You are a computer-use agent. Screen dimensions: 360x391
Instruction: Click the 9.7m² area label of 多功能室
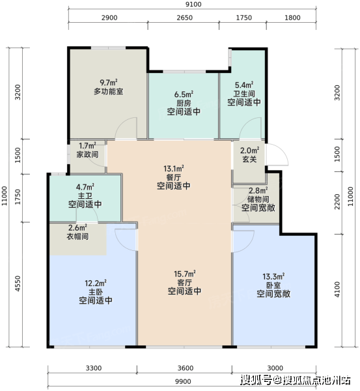click(109, 82)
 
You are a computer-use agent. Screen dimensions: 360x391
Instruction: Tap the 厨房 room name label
click(184, 103)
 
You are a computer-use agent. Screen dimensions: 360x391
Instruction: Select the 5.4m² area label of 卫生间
click(244, 85)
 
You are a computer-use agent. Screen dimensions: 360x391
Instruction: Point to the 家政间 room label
click(87, 154)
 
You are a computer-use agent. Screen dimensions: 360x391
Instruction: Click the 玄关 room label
click(249, 159)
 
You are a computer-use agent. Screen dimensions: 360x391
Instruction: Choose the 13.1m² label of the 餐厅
click(174, 169)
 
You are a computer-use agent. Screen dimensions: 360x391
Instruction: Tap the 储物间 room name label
click(258, 199)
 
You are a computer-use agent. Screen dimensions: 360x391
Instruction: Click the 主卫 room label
click(85, 195)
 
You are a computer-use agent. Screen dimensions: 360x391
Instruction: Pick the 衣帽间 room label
click(77, 236)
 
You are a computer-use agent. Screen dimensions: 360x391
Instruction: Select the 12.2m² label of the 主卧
click(96, 283)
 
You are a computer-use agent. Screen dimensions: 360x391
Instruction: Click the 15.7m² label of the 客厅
click(185, 274)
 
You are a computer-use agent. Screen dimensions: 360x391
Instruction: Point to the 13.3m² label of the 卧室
click(273, 276)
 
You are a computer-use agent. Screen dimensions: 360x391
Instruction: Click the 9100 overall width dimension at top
click(193, 5)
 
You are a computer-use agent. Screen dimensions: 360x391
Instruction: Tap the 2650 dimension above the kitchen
click(185, 18)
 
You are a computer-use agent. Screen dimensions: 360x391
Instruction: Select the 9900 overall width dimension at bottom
click(183, 381)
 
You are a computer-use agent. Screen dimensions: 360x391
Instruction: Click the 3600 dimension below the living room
click(186, 368)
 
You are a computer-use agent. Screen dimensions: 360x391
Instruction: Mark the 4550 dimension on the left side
click(18, 283)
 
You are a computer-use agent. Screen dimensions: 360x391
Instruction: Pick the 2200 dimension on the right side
click(337, 202)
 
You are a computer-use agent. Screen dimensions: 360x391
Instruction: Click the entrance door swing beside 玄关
click(277, 154)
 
